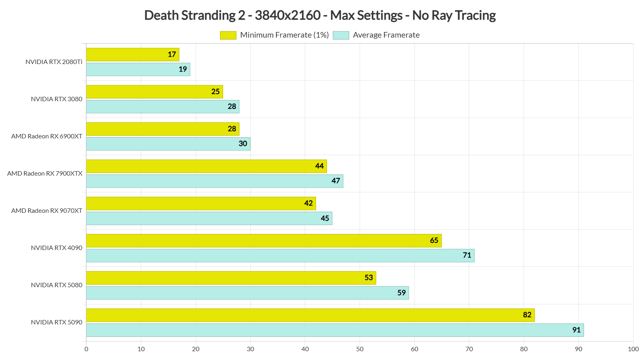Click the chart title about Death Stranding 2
click(x=320, y=15)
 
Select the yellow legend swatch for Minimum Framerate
click(x=228, y=35)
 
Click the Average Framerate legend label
click(x=386, y=35)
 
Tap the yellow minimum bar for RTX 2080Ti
click(x=132, y=54)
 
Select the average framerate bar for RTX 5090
click(x=335, y=330)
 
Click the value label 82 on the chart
click(x=527, y=315)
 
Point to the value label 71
click(x=467, y=255)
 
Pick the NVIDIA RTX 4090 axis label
click(x=56, y=248)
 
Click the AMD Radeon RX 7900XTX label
click(x=45, y=174)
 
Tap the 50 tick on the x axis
click(x=360, y=349)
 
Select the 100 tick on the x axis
click(x=633, y=349)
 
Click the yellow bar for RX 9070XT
click(x=201, y=203)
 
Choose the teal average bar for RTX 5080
click(x=247, y=293)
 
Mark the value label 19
click(x=183, y=69)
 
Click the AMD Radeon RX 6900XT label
click(x=47, y=136)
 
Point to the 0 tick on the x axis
click(x=86, y=349)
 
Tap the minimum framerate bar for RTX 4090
click(x=264, y=240)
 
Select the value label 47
click(x=336, y=181)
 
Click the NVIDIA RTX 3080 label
click(x=56, y=99)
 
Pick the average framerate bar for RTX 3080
click(x=162, y=106)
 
